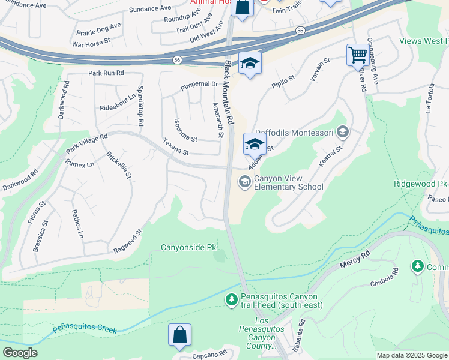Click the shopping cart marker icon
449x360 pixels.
click(x=358, y=55)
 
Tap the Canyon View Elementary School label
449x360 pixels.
click(x=288, y=182)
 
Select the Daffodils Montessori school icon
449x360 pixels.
click(x=343, y=131)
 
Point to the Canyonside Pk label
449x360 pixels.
click(x=188, y=247)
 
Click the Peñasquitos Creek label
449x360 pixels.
click(x=84, y=328)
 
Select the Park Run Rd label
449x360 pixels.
click(x=106, y=73)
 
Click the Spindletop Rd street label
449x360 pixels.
click(x=140, y=106)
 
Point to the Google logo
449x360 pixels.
click(x=20, y=353)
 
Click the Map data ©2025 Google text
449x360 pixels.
click(x=411, y=355)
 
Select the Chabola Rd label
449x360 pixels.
click(x=385, y=277)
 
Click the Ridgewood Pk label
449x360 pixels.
click(x=421, y=183)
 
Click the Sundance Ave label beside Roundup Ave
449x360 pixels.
click(x=149, y=8)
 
